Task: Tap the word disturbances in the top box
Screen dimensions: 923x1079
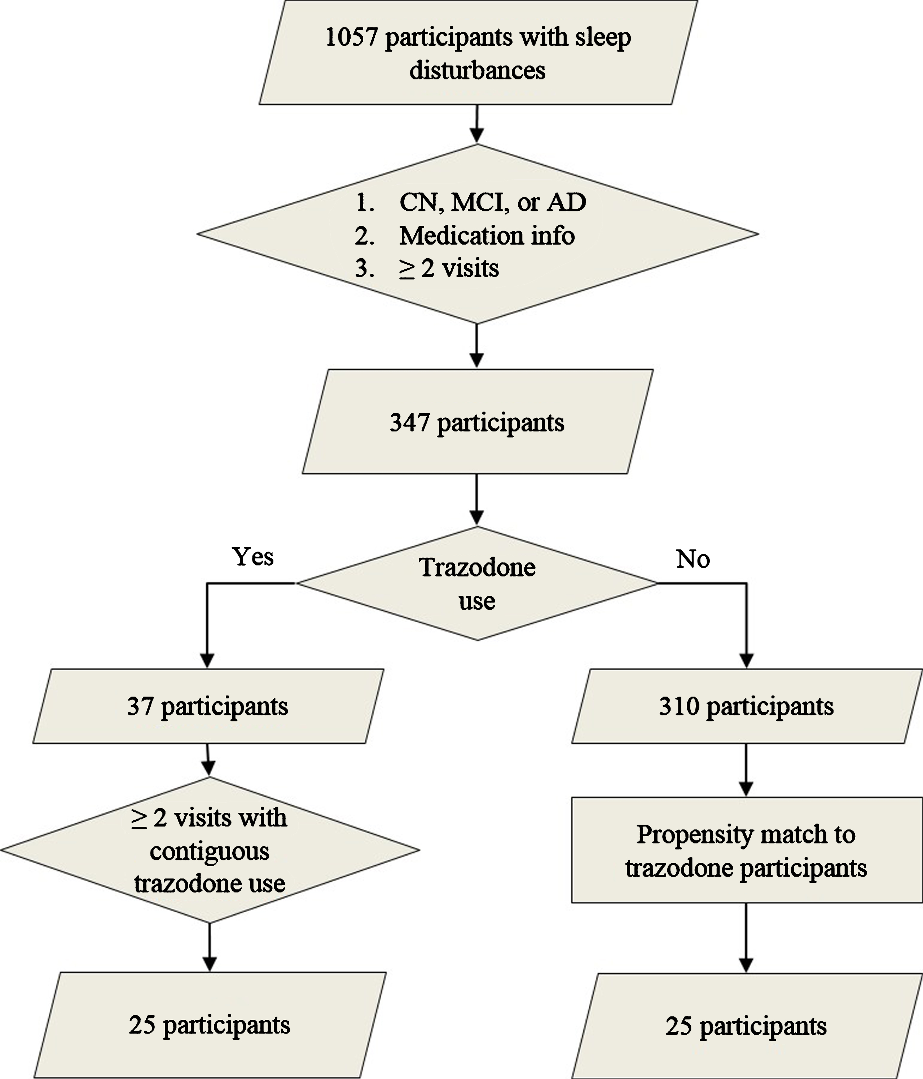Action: click(x=478, y=70)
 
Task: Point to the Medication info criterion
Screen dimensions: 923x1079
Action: click(x=487, y=236)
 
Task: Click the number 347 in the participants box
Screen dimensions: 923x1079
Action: click(x=410, y=422)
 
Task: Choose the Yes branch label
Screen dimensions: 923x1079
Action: click(x=252, y=557)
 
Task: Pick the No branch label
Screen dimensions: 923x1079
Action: click(x=693, y=559)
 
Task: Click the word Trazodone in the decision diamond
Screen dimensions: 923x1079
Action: click(x=478, y=567)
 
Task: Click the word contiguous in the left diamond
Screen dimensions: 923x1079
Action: click(x=209, y=851)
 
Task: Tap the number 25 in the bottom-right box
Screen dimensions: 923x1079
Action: click(x=679, y=1026)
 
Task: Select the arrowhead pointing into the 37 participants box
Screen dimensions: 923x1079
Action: click(x=207, y=660)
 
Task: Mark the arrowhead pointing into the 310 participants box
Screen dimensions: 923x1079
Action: click(x=747, y=660)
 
